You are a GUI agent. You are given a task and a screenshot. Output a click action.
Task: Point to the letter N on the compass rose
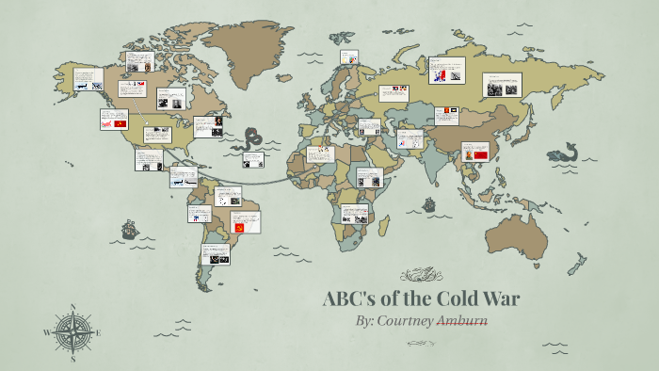[x=73, y=307]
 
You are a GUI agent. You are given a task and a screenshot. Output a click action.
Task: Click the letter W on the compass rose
[x=47, y=332]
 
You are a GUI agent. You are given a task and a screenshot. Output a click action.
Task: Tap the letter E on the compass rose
[x=98, y=332]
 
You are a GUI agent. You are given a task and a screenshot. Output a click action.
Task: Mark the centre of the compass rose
[x=73, y=331]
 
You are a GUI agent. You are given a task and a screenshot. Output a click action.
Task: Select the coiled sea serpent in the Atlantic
[x=253, y=140]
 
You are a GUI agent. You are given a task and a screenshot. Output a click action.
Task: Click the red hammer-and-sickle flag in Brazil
[x=239, y=227]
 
